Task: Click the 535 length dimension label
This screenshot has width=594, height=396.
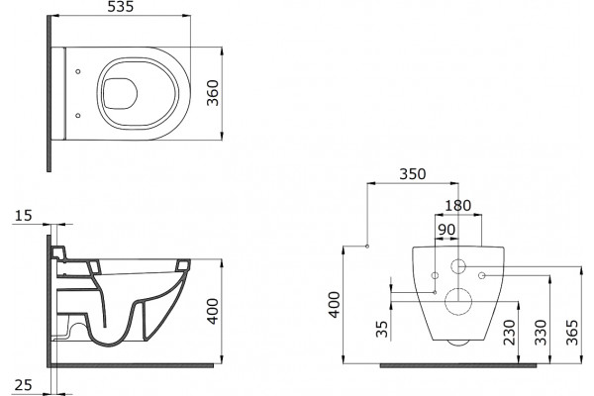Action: tap(121, 7)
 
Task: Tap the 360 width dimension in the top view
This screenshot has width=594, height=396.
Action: tap(213, 93)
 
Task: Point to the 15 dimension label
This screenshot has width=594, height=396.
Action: tap(24, 216)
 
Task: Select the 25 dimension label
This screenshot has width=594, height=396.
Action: tap(24, 385)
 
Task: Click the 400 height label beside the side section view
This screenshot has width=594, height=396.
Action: tap(213, 312)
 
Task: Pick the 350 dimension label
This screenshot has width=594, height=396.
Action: tap(413, 174)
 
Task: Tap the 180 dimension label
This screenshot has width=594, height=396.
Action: tap(458, 206)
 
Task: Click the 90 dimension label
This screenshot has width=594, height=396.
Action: tap(446, 230)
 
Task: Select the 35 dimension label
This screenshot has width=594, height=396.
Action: tap(382, 330)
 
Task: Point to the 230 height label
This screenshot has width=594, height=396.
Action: tap(510, 333)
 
